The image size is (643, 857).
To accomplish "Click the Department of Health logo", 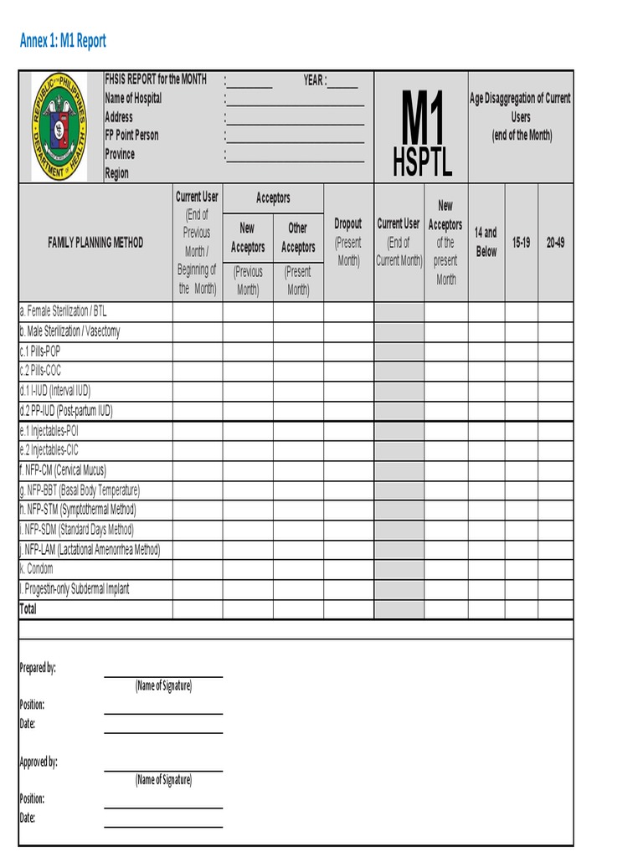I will click(59, 126).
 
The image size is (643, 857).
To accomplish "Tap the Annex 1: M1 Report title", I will click(63, 41).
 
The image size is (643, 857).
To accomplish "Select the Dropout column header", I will click(348, 223).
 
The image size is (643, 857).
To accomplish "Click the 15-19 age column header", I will click(521, 242).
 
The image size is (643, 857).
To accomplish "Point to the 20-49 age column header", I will click(555, 242).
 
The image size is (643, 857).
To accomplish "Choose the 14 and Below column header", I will click(486, 242).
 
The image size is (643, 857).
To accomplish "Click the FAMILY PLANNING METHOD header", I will click(95, 243).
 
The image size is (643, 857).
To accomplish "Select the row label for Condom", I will click(36, 569).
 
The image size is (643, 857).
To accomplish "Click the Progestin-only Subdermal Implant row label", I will click(75, 589).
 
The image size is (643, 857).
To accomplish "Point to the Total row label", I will click(28, 609).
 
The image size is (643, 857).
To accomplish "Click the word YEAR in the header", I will click(313, 80).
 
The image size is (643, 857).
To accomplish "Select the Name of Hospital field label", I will click(133, 98).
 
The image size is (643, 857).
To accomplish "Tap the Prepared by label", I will click(38, 668).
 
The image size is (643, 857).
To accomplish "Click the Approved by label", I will click(39, 762).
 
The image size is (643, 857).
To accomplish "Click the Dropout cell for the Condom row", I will click(348, 569).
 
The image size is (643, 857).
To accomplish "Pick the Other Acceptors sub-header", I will click(298, 237).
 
